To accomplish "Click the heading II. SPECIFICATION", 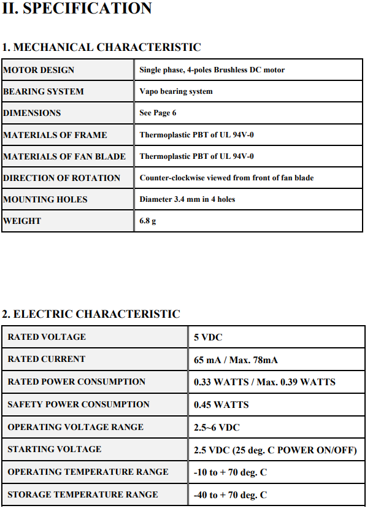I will (77, 9).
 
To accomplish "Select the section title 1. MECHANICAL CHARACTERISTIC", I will (101, 47).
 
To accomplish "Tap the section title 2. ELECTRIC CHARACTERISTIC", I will (91, 314).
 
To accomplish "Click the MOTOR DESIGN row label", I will (39, 70).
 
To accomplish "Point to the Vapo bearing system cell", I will (176, 91).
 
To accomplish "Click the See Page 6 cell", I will (158, 113).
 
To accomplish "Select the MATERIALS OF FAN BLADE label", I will (64, 156).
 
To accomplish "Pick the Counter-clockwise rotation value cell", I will (226, 178).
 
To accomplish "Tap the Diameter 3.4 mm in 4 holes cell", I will (187, 199).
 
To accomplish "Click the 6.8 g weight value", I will (148, 221).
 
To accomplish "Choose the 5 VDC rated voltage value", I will (208, 337).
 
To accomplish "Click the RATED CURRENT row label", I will (47, 359).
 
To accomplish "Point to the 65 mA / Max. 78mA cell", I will (236, 360).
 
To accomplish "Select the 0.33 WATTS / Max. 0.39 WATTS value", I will (264, 382).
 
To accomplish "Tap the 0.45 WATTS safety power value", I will (221, 405).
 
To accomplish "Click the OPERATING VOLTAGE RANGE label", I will (75, 427).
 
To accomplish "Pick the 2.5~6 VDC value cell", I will (217, 428).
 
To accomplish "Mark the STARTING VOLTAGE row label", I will (55, 449).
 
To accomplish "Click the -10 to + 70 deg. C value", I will (230, 472).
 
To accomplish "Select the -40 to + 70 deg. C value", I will (230, 495).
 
